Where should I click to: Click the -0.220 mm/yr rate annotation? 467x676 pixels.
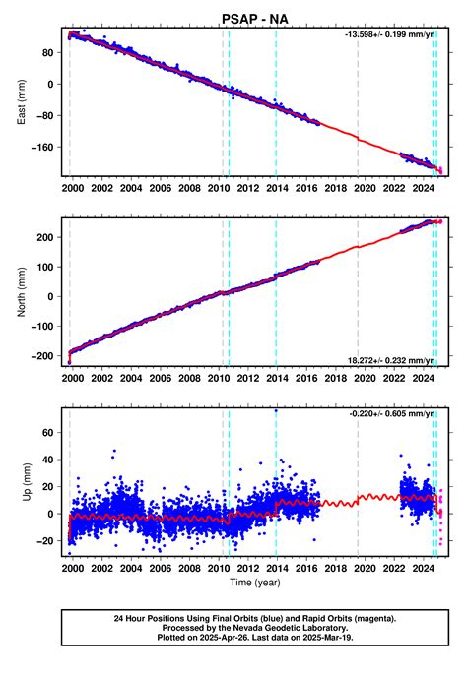pyautogui.click(x=390, y=414)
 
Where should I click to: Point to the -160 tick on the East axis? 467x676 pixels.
pyautogui.click(x=44, y=148)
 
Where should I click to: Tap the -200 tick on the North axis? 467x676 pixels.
pyautogui.click(x=44, y=357)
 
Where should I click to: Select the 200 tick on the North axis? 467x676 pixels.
pyautogui.click(x=47, y=237)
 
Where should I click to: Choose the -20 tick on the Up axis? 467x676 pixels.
pyautogui.click(x=47, y=540)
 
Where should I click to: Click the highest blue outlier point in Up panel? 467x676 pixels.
pyautogui.click(x=276, y=411)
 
